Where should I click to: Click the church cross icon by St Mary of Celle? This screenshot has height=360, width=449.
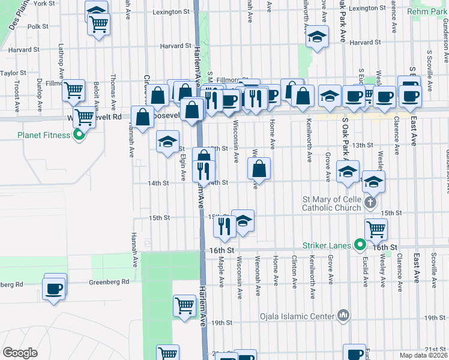click(x=371, y=202)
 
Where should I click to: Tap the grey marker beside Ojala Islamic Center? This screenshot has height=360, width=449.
click(x=343, y=314)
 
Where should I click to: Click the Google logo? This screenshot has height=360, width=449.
click(x=20, y=353)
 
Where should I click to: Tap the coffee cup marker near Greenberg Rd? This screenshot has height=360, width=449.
click(x=55, y=288)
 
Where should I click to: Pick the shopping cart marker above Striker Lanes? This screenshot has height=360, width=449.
click(x=376, y=228)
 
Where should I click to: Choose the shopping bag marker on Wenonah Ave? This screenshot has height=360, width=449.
click(x=259, y=169)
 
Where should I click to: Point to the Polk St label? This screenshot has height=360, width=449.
click(x=38, y=26)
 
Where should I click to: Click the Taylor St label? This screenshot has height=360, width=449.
click(x=13, y=73)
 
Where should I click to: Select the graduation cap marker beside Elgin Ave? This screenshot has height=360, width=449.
click(x=168, y=142)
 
